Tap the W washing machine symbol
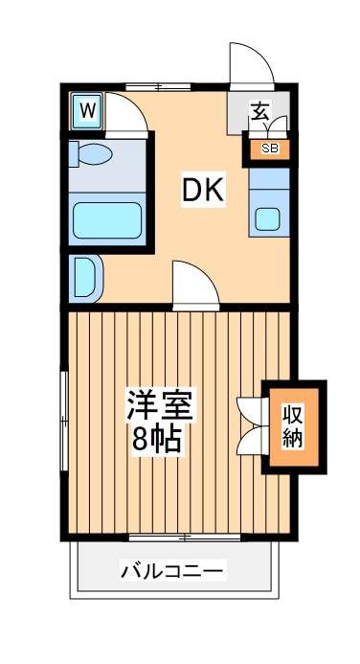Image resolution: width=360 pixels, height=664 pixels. point(87,110)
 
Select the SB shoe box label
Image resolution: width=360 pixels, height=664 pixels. point(269,148)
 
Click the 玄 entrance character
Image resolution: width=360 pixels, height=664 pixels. point(259,110)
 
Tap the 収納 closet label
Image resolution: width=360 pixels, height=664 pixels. point(293,426)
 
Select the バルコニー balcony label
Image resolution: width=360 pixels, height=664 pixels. point(172,572)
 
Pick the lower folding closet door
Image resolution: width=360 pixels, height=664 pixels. point(252,442)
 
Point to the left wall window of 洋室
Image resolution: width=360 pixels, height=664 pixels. point(64,422)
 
